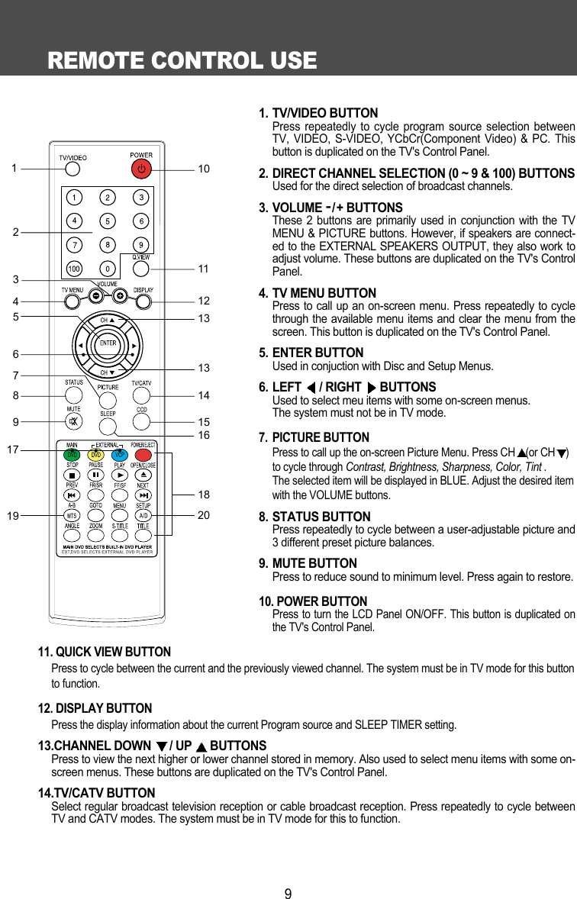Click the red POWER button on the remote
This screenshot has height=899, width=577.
tap(141, 168)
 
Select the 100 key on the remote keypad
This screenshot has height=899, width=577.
tap(74, 269)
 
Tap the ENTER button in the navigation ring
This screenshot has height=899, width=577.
tap(108, 343)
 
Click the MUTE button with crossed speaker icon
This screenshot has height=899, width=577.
tap(73, 421)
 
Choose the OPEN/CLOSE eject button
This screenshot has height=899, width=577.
tap(142, 475)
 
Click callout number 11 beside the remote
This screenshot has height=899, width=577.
tap(203, 269)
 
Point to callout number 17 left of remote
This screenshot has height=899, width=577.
tap(12, 449)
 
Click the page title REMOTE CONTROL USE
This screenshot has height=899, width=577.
tap(182, 60)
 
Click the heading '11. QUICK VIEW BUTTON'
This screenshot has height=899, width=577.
tap(105, 652)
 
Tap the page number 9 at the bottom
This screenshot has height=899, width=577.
tap(288, 893)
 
